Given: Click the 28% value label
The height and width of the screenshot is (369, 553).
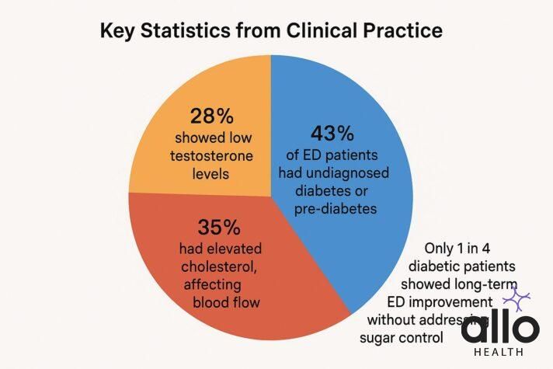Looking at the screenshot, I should [x=211, y=117].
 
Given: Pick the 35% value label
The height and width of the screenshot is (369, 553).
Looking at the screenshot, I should [x=220, y=229].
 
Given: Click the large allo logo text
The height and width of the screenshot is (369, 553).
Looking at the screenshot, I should [x=499, y=329].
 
